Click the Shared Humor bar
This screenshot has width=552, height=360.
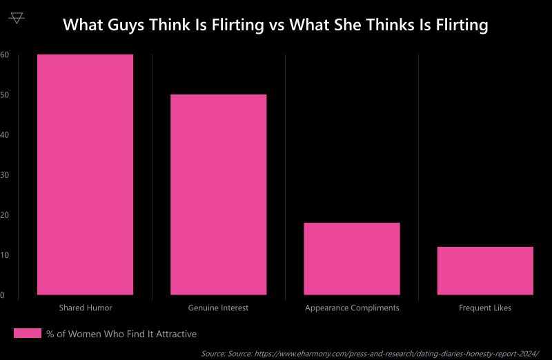[86, 174]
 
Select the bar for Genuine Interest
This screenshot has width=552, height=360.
[218, 194]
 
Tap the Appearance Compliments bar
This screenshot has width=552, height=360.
[352, 259]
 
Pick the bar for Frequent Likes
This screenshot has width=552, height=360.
[485, 270]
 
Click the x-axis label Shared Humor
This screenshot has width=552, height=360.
[86, 308]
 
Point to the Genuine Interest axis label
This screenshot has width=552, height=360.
[218, 308]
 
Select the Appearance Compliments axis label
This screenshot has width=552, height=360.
[352, 308]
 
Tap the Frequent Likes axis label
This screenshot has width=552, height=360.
[485, 308]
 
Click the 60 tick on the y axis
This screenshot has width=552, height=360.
[4, 54]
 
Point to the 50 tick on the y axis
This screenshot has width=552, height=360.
[4, 94]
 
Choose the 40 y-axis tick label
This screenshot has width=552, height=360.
[4, 134]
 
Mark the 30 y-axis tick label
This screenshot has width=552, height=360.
[4, 175]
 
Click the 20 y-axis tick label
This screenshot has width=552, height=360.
[4, 215]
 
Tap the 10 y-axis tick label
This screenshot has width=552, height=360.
[4, 255]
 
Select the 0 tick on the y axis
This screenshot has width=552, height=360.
[3, 295]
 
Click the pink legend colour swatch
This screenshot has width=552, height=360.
[28, 334]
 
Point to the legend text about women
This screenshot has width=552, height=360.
[121, 334]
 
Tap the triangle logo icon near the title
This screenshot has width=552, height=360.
[17, 17]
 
